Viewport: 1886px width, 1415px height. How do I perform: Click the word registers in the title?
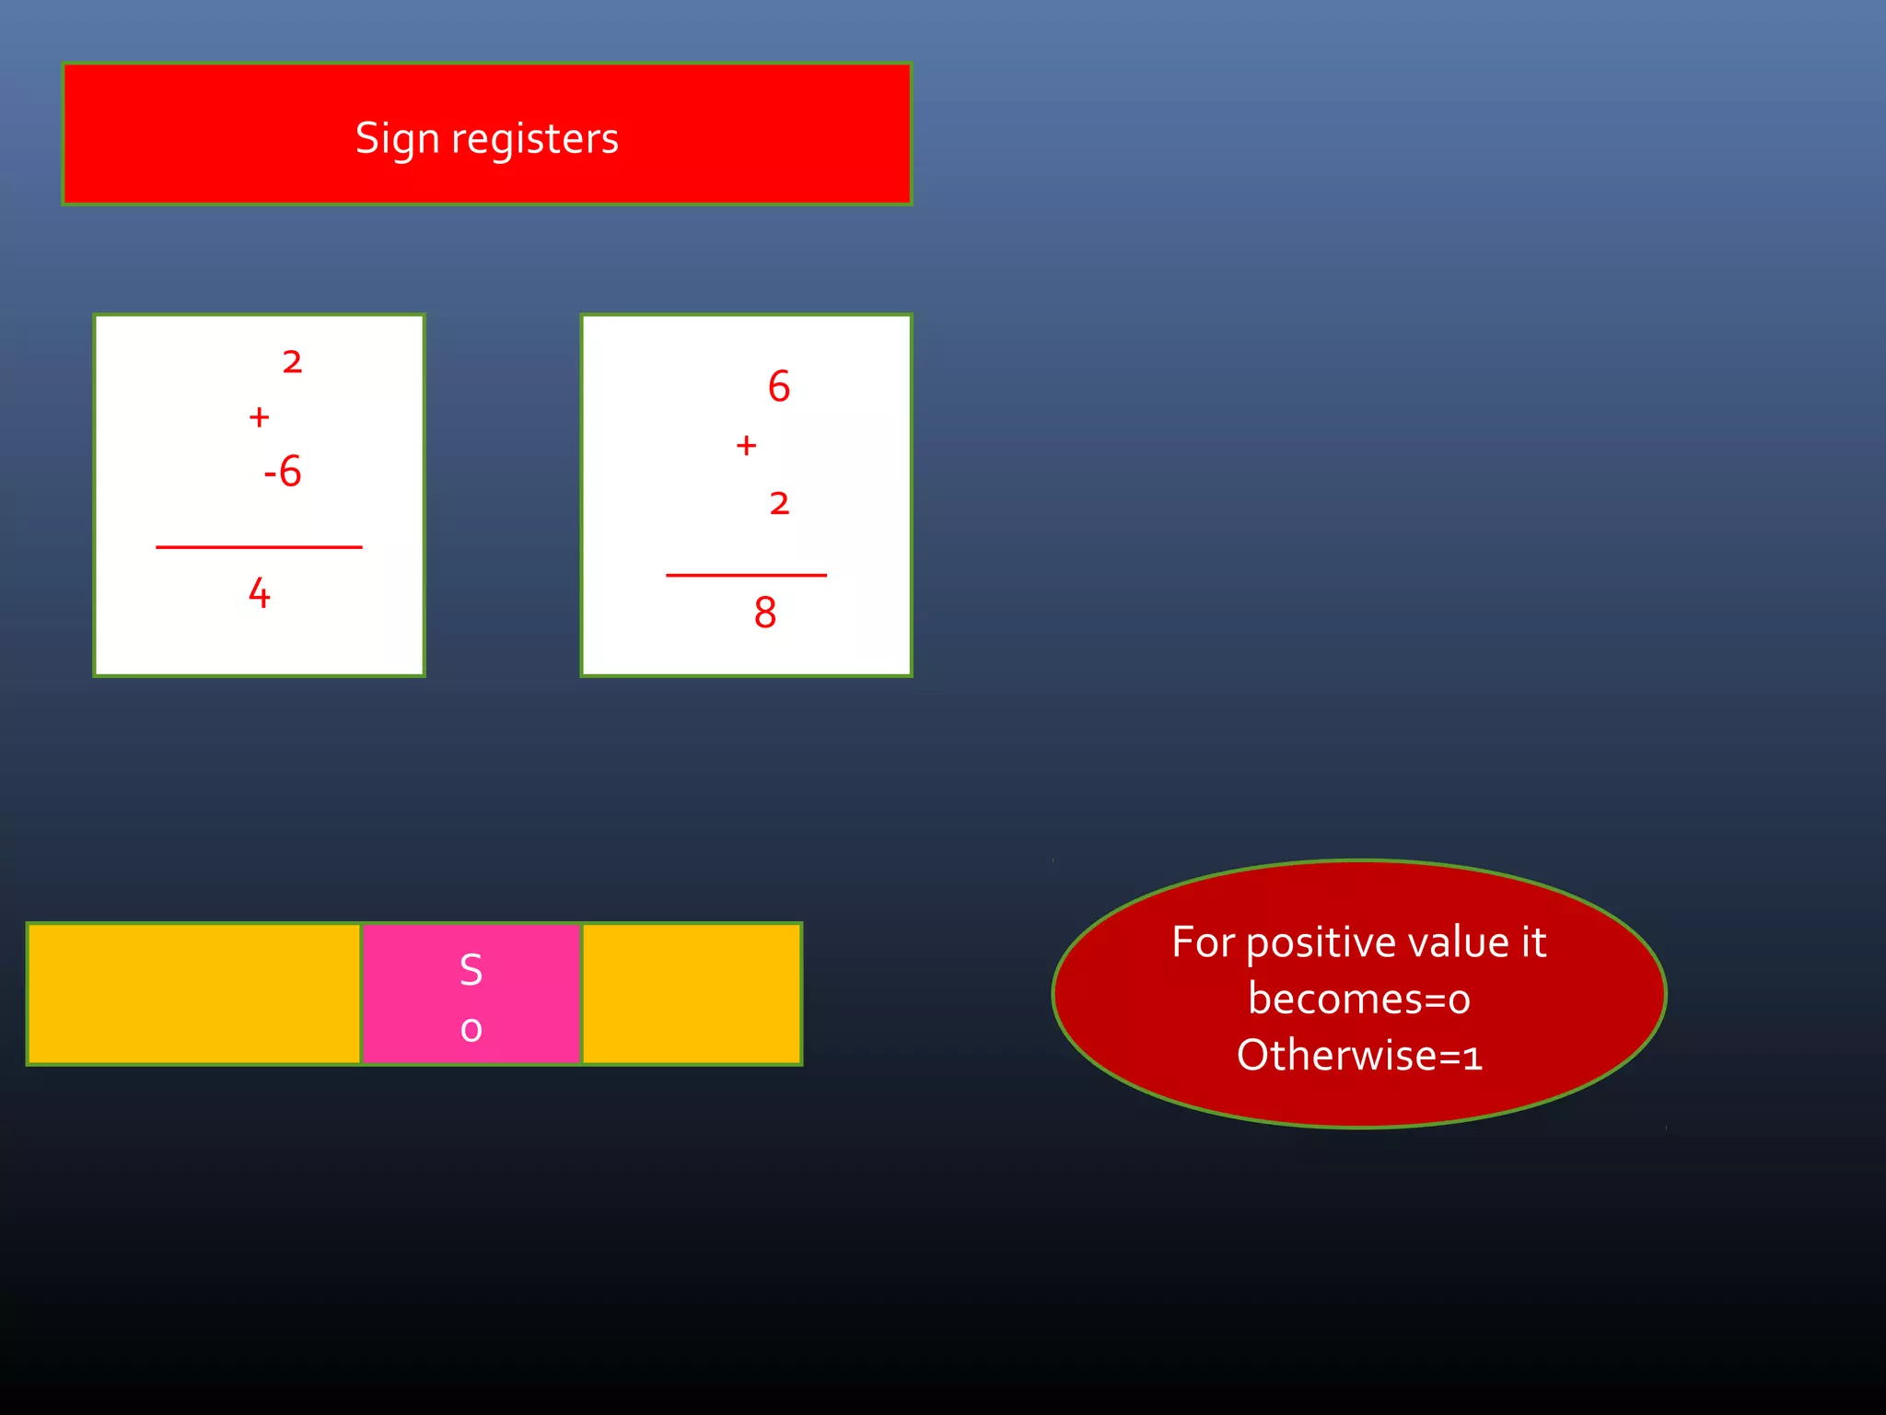click(534, 139)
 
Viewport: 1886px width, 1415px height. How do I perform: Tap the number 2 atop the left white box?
click(292, 362)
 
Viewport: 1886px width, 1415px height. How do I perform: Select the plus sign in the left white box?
click(259, 417)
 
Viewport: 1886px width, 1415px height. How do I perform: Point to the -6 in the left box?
click(283, 472)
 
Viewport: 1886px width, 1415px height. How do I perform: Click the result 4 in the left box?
click(259, 593)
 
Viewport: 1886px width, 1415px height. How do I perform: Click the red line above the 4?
click(259, 547)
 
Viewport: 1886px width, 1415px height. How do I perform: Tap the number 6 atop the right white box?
click(779, 386)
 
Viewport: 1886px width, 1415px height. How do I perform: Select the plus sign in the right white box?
click(746, 446)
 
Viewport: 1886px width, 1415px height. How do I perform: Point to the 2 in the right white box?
click(779, 503)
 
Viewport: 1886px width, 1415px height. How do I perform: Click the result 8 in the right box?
click(764, 613)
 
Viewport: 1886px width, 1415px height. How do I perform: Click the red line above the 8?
click(746, 575)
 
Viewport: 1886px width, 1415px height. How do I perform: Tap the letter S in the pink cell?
click(471, 970)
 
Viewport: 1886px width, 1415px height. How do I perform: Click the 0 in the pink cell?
click(471, 1029)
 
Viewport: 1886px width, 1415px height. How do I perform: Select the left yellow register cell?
click(193, 994)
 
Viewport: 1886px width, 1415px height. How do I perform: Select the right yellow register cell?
click(692, 994)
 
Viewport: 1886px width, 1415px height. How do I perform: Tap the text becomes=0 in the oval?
click(1359, 1000)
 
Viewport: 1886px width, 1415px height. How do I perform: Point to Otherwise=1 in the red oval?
click(1359, 1056)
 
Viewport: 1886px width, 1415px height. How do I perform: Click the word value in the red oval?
click(1459, 942)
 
